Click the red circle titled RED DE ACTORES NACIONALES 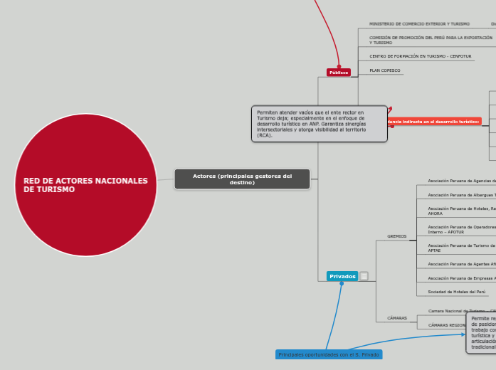(x=85, y=185)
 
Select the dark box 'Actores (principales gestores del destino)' (x=242, y=179)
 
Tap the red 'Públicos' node (x=339, y=73)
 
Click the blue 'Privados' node (x=342, y=276)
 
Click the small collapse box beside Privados (x=364, y=276)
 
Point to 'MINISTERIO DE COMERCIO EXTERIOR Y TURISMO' (x=419, y=24)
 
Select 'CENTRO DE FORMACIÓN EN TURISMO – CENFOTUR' (x=420, y=56)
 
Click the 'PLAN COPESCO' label (x=385, y=70)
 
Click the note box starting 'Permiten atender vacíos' (x=319, y=124)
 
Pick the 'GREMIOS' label (x=396, y=236)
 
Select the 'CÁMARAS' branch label (x=396, y=318)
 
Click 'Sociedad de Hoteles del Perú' (x=456, y=292)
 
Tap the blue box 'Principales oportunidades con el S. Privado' (x=329, y=354)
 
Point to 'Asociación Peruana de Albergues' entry (x=461, y=195)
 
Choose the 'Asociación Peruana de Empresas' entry (x=461, y=278)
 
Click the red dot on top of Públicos (x=339, y=66)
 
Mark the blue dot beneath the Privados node (x=342, y=283)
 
